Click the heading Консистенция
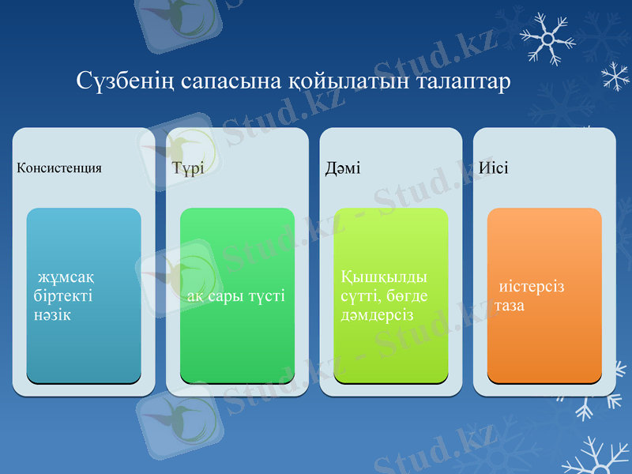pos(60,168)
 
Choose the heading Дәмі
pos(343,168)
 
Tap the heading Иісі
pos(494,168)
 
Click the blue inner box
pos(84,348)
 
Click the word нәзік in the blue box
pos(53,315)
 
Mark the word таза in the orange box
pos(510,305)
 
